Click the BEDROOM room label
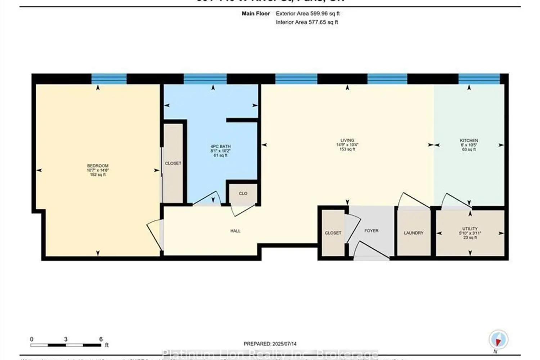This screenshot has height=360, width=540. [x=98, y=166]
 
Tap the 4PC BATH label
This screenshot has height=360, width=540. [x=220, y=147]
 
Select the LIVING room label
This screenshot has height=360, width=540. [x=347, y=140]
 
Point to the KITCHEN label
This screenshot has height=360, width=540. [x=469, y=140]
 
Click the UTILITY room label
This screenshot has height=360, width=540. [x=470, y=229]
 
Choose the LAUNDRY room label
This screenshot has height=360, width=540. [x=413, y=233]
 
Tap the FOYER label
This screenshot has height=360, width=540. [x=371, y=231]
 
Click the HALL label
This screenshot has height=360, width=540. [x=235, y=231]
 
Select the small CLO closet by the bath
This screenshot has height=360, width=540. [x=243, y=194]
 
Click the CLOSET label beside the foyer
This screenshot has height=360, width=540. [x=333, y=233]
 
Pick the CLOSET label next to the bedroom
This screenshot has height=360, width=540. [x=173, y=163]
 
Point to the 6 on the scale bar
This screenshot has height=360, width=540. [x=101, y=339]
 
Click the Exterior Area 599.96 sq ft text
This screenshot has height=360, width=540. [x=307, y=14]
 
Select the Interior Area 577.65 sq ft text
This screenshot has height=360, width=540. [x=307, y=22]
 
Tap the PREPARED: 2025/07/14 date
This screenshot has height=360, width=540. [x=270, y=344]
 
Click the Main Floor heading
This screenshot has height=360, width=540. [x=256, y=14]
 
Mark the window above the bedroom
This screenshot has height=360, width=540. [x=109, y=78]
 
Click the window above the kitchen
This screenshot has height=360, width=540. [x=479, y=78]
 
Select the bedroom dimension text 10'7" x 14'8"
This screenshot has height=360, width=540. [x=98, y=170]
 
